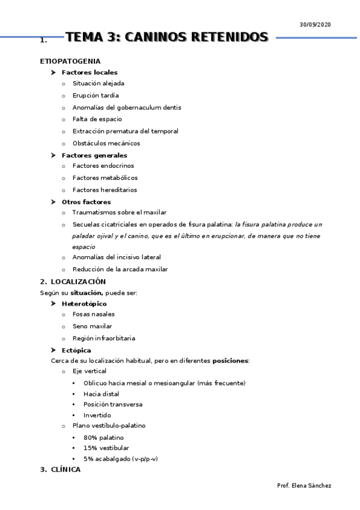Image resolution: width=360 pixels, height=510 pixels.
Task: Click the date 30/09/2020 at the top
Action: click(315, 24)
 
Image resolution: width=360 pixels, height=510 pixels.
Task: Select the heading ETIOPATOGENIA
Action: click(70, 61)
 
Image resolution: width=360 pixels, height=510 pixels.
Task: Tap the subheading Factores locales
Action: click(90, 73)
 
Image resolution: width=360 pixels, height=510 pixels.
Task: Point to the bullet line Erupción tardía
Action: click(96, 95)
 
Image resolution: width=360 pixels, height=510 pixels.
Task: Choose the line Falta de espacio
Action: click(97, 119)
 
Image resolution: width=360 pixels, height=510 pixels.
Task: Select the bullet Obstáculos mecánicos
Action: click(106, 143)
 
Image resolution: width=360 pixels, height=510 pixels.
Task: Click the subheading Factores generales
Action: click(94, 155)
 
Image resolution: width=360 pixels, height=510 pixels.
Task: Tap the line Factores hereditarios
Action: click(105, 189)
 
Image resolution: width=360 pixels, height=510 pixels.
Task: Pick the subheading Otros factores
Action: click(86, 202)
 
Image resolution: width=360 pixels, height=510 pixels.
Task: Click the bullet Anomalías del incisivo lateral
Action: click(117, 257)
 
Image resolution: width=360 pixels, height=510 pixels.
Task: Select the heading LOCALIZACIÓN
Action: click(78, 281)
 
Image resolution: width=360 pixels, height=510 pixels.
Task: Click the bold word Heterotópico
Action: click(84, 304)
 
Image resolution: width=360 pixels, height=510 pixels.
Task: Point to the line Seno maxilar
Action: click(92, 326)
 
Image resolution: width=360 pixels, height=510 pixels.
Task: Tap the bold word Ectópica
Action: click(76, 350)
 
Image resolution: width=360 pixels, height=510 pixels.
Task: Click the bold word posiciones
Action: click(230, 361)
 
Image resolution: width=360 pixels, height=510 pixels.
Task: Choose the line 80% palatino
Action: click(103, 437)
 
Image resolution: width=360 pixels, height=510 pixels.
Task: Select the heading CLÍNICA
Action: click(65, 470)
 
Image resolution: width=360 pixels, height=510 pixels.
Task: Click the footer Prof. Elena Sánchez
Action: click(304, 485)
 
